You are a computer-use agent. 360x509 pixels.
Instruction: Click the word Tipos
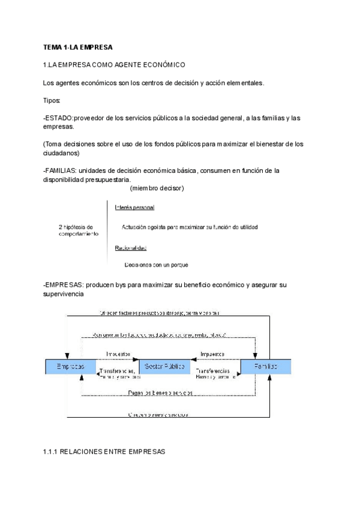pos(52,100)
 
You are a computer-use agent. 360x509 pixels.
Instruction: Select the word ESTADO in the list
pos(59,118)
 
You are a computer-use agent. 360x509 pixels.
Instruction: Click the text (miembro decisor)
pos(157,188)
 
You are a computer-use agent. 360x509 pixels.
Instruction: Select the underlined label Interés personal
pos(134,208)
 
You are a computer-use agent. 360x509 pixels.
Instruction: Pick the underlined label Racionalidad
pos(131,248)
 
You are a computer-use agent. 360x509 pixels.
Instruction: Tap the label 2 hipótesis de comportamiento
pos(79,230)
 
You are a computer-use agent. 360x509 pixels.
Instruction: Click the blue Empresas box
pos(70,366)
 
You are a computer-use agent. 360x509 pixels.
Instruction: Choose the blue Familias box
pos(265,366)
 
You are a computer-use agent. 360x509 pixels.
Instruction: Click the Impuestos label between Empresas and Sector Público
pos(118,354)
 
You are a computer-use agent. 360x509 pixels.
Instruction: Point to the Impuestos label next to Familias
pos(212,354)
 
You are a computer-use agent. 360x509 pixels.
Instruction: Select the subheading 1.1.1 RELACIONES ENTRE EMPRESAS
pos(104,451)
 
